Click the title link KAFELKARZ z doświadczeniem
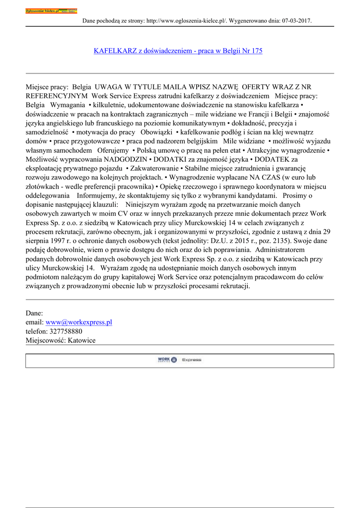pos(178,51)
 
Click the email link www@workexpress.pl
pos(78,322)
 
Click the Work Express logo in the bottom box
pos(179,360)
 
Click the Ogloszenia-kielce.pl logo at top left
pos(51,11)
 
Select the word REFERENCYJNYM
pos(57,95)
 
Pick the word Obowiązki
pos(156,132)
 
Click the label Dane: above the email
pos(34,313)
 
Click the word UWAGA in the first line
pos(108,86)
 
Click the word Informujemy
pos(99,195)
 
